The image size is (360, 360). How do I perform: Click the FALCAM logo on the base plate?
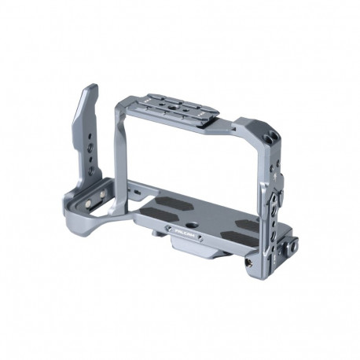[180, 233]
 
